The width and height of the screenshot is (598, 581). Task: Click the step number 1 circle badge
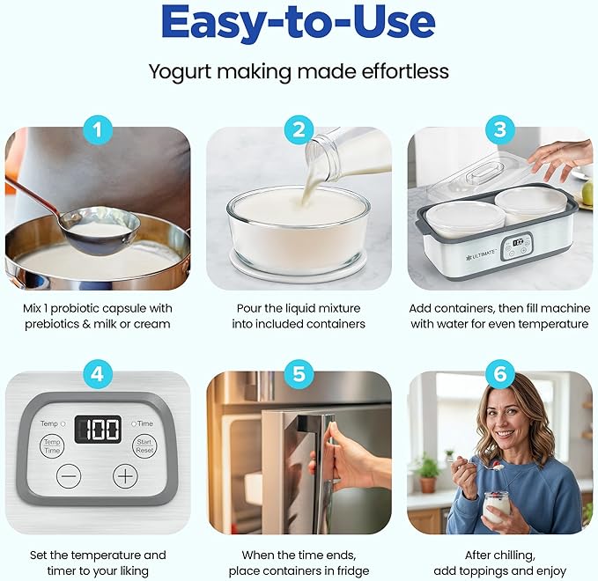tap(98, 130)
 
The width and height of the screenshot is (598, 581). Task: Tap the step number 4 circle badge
tap(98, 374)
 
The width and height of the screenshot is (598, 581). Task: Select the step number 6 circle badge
tap(500, 374)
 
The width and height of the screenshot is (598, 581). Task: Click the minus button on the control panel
tap(69, 475)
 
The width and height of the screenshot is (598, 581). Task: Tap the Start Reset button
tap(144, 446)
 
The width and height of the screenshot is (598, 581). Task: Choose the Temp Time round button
tap(52, 446)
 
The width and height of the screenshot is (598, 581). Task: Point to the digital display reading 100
tap(98, 430)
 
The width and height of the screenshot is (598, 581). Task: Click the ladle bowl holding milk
tap(100, 230)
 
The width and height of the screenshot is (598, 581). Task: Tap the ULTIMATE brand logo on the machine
tap(480, 254)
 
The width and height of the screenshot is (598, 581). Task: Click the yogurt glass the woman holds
tap(497, 507)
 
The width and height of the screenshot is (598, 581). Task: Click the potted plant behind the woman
tap(426, 474)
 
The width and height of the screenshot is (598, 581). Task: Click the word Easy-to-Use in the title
tap(299, 21)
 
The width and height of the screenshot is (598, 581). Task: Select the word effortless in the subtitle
tap(405, 71)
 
